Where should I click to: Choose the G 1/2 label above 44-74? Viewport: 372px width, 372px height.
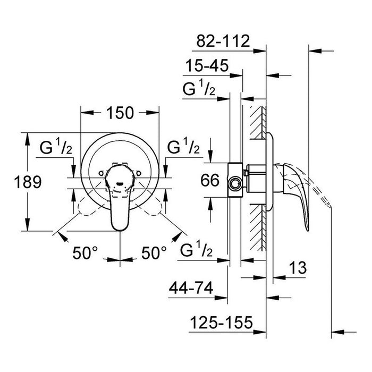[x=197, y=249]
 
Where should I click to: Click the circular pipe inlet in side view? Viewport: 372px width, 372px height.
[x=234, y=184]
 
